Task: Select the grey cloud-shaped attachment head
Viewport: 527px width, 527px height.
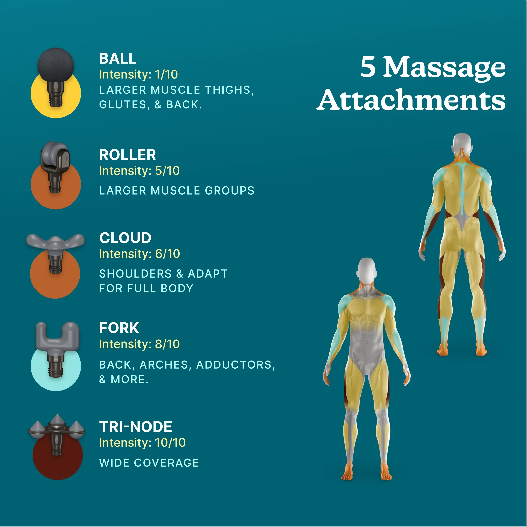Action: (x=55, y=242)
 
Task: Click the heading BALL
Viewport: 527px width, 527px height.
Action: (x=118, y=59)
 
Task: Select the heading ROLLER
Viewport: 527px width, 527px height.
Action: (x=127, y=155)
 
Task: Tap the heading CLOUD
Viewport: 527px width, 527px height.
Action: (x=125, y=238)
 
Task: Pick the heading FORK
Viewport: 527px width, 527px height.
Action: (x=119, y=328)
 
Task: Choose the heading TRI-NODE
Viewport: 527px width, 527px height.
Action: (x=135, y=427)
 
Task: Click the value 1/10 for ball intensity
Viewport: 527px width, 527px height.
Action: (x=166, y=74)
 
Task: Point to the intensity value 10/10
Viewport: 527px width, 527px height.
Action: (x=170, y=443)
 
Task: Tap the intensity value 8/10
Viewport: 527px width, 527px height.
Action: (x=167, y=344)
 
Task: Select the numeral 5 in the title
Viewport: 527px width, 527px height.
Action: (x=368, y=66)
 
